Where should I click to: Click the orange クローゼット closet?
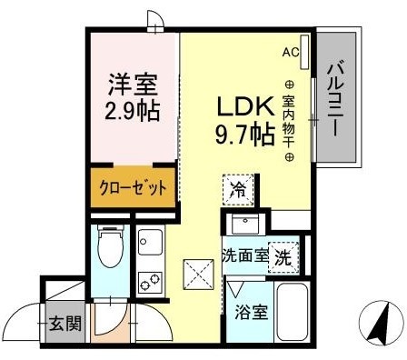[134, 189]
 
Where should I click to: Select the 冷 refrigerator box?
[236, 191]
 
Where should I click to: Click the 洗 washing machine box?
[283, 256]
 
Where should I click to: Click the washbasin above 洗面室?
[243, 225]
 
